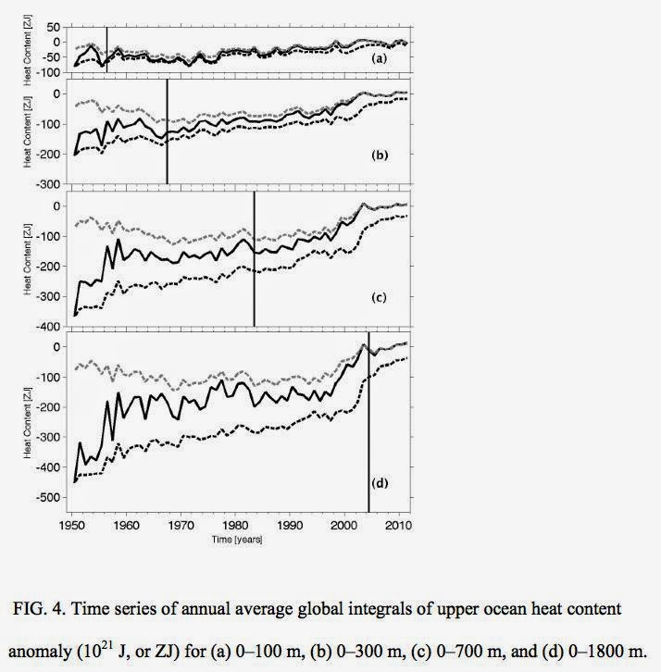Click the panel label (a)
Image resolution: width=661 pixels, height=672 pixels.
pos(378,58)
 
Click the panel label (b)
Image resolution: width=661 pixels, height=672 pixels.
pos(380,156)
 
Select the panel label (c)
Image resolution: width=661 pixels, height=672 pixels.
pos(378,297)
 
